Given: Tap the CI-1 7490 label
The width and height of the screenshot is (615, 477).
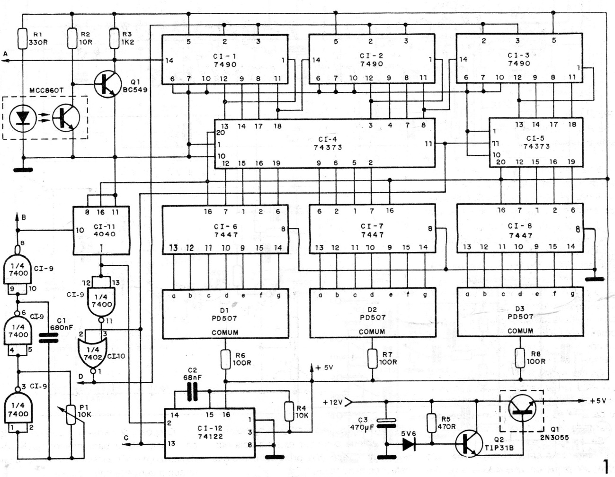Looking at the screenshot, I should pos(224,60).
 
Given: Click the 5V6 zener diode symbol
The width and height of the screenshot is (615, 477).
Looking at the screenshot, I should pos(408,444).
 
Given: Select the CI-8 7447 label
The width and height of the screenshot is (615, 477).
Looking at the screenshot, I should pos(520,231).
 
